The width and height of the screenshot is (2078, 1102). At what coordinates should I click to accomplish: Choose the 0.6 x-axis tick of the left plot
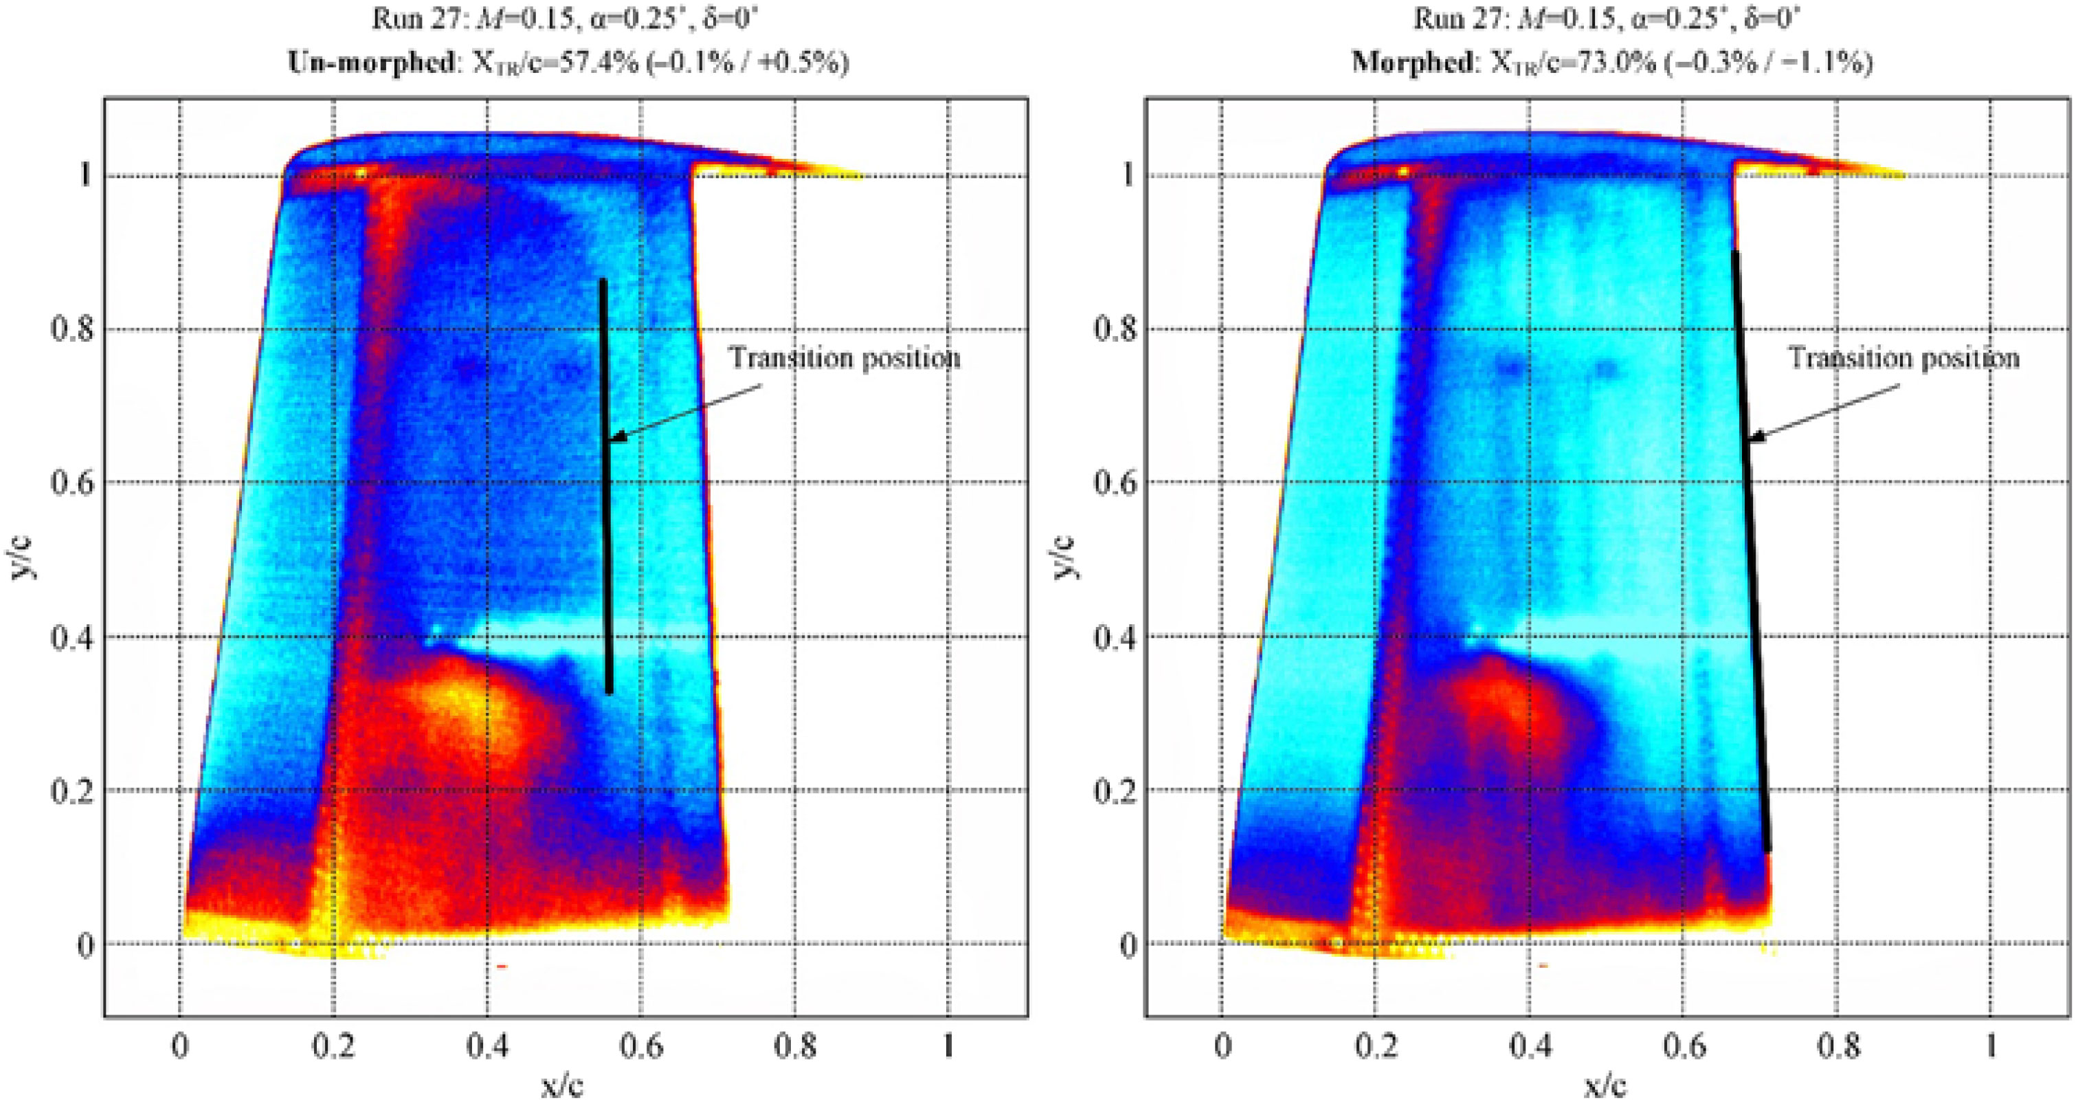tap(640, 1046)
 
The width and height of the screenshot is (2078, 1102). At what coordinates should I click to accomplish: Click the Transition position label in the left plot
tap(845, 357)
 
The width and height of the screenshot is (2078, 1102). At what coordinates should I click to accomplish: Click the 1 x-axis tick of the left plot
tap(949, 1046)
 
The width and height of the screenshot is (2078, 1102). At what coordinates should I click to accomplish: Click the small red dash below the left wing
tap(501, 966)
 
